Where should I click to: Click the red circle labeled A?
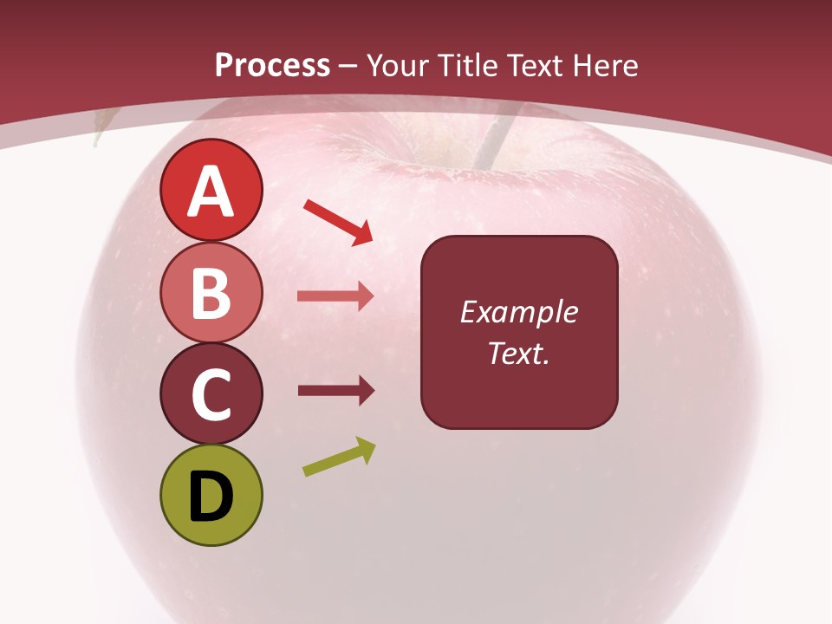click(211, 191)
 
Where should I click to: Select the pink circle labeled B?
click(211, 292)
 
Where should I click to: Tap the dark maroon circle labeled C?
click(211, 393)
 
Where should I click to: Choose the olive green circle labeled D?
click(211, 495)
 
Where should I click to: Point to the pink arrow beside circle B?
click(335, 296)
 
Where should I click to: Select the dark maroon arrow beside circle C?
click(335, 391)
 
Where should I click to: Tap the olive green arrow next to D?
click(339, 457)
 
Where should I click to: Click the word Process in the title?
click(272, 65)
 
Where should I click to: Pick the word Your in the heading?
click(396, 65)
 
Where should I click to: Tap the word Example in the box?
click(518, 313)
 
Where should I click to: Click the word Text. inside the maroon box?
click(518, 353)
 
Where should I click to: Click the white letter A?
click(211, 192)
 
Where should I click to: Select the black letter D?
click(211, 497)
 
